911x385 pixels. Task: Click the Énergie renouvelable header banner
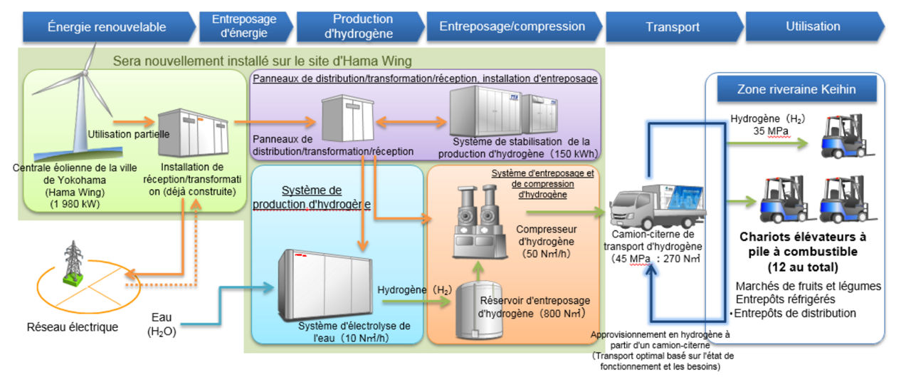(x=107, y=27)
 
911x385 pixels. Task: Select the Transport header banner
(x=672, y=27)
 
